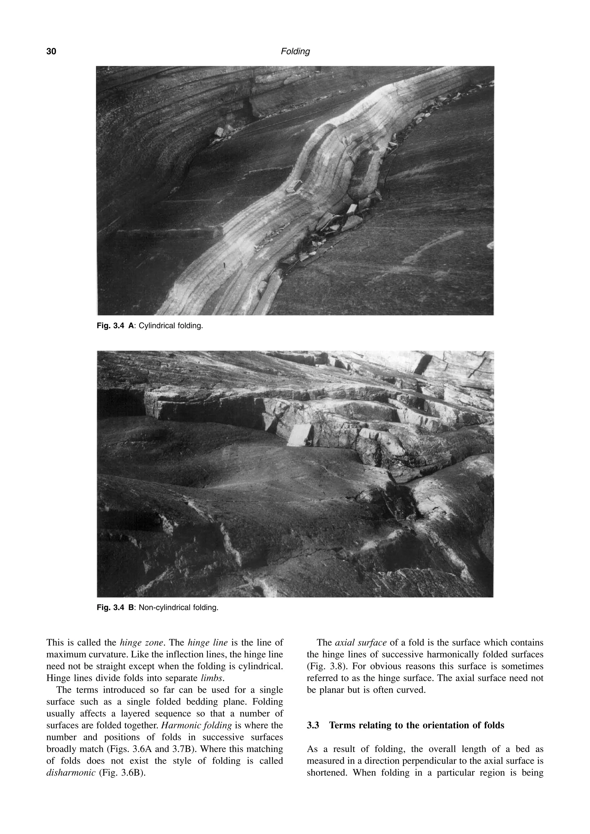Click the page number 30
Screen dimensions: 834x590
coord(51,52)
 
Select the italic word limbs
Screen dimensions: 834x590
coord(213,678)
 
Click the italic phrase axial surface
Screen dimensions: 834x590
coord(361,643)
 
